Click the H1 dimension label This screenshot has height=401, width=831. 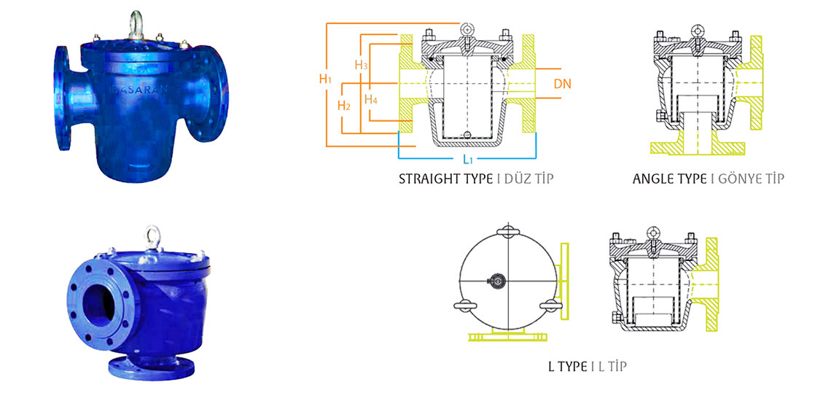(325, 79)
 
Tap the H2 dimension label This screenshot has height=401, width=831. (344, 106)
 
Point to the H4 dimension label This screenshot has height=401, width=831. (371, 98)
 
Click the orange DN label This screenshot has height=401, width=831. (563, 84)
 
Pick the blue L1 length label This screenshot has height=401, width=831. (467, 159)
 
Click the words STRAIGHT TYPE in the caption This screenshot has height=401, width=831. (446, 179)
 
